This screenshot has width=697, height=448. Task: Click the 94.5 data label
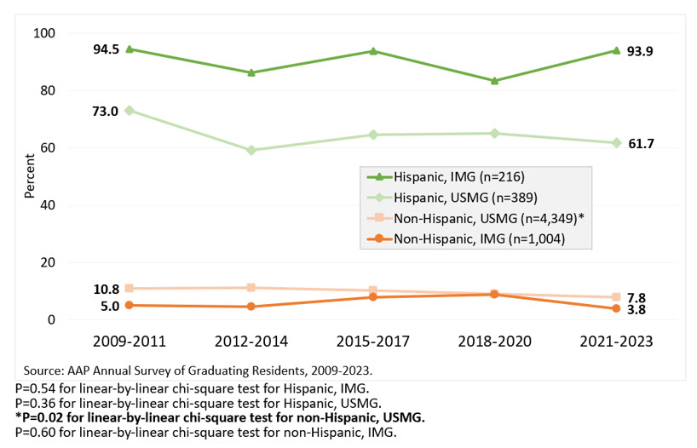[107, 49]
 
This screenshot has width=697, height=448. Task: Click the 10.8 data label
[106, 290]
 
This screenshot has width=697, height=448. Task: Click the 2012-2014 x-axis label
[251, 342]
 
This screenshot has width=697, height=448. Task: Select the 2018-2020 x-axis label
[494, 342]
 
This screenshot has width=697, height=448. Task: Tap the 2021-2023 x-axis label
[616, 342]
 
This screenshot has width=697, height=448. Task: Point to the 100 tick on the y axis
[42, 33]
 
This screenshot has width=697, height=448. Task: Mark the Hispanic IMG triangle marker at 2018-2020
[494, 81]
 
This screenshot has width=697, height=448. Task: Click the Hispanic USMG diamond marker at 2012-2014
[251, 150]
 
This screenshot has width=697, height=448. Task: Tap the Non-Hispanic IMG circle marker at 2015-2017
[373, 296]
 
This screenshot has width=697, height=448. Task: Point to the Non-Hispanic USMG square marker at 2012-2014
[251, 288]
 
